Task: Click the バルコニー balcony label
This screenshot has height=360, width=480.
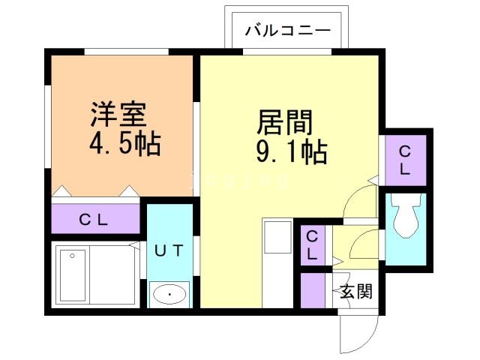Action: point(288,31)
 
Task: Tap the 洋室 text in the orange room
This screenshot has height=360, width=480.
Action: point(117,115)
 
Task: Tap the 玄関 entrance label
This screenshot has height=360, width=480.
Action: point(355,292)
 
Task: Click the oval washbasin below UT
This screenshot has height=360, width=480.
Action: point(169,295)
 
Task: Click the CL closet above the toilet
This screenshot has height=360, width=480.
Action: point(405,159)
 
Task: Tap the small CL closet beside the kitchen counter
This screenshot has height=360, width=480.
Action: point(312,244)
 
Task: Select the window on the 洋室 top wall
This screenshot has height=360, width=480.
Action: point(120,51)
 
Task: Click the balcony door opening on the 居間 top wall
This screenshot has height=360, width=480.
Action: point(288,51)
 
